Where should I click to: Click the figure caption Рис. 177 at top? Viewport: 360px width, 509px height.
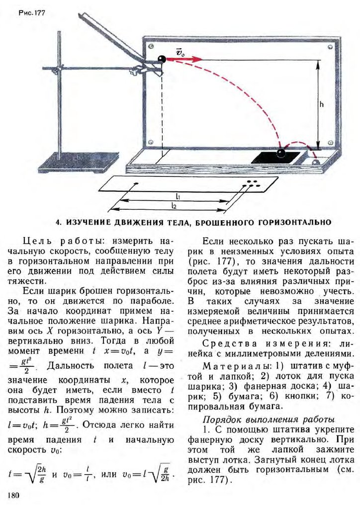(x=32, y=13)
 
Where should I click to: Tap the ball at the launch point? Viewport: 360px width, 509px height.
(x=162, y=60)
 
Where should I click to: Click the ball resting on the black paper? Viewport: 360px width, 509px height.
(x=281, y=153)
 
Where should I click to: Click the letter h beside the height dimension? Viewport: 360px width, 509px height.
(x=322, y=104)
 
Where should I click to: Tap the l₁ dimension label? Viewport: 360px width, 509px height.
(x=178, y=196)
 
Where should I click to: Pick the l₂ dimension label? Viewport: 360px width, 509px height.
(x=174, y=205)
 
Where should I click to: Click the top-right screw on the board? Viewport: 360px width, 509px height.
(x=330, y=48)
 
